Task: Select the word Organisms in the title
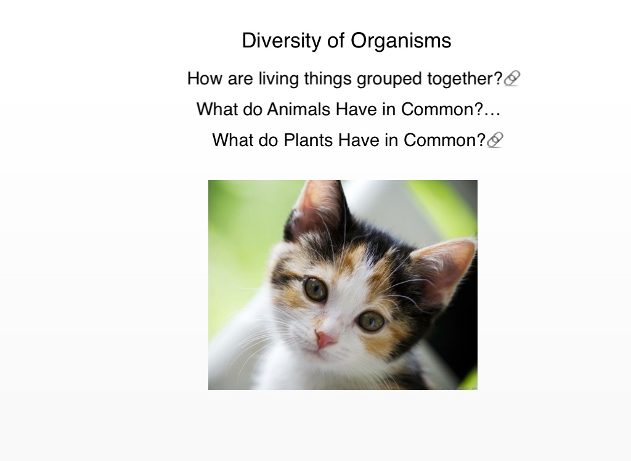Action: pyautogui.click(x=401, y=41)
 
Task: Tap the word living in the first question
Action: pyautogui.click(x=279, y=79)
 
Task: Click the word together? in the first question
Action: pyautogui.click(x=465, y=78)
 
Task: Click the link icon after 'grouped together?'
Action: pyautogui.click(x=512, y=78)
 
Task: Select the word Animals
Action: pyautogui.click(x=299, y=110)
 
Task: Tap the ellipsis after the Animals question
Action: pyautogui.click(x=492, y=115)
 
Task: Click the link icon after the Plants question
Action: pyautogui.click(x=495, y=140)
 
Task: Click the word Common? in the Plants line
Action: pyautogui.click(x=444, y=141)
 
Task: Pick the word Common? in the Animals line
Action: pyautogui.click(x=442, y=110)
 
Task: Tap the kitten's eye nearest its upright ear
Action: pyautogui.click(x=316, y=288)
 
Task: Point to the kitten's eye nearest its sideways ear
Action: pyautogui.click(x=371, y=321)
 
